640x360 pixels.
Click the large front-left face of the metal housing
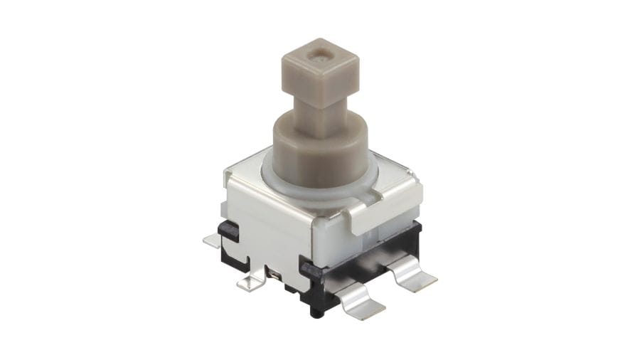click(267, 228)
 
